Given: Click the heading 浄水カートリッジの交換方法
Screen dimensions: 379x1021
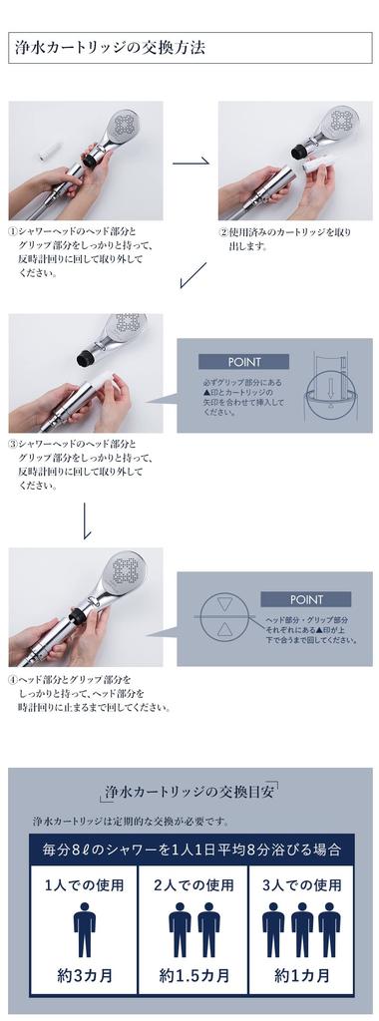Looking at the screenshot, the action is point(110,48).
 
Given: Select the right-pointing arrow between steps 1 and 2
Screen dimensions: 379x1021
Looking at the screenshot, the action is point(190,161).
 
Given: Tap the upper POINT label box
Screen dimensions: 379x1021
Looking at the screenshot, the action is point(243,362).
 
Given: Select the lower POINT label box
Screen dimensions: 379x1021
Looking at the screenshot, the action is point(305,599).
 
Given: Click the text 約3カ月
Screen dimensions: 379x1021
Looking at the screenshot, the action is point(84,975).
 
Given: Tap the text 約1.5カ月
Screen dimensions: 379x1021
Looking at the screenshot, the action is point(194,975).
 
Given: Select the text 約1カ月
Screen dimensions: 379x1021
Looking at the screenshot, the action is point(301,975).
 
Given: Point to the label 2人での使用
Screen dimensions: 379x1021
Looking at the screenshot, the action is point(193,885).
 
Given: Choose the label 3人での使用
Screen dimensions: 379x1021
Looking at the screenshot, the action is point(302,885).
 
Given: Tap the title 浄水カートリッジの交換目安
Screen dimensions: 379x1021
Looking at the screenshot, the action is point(190,793).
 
